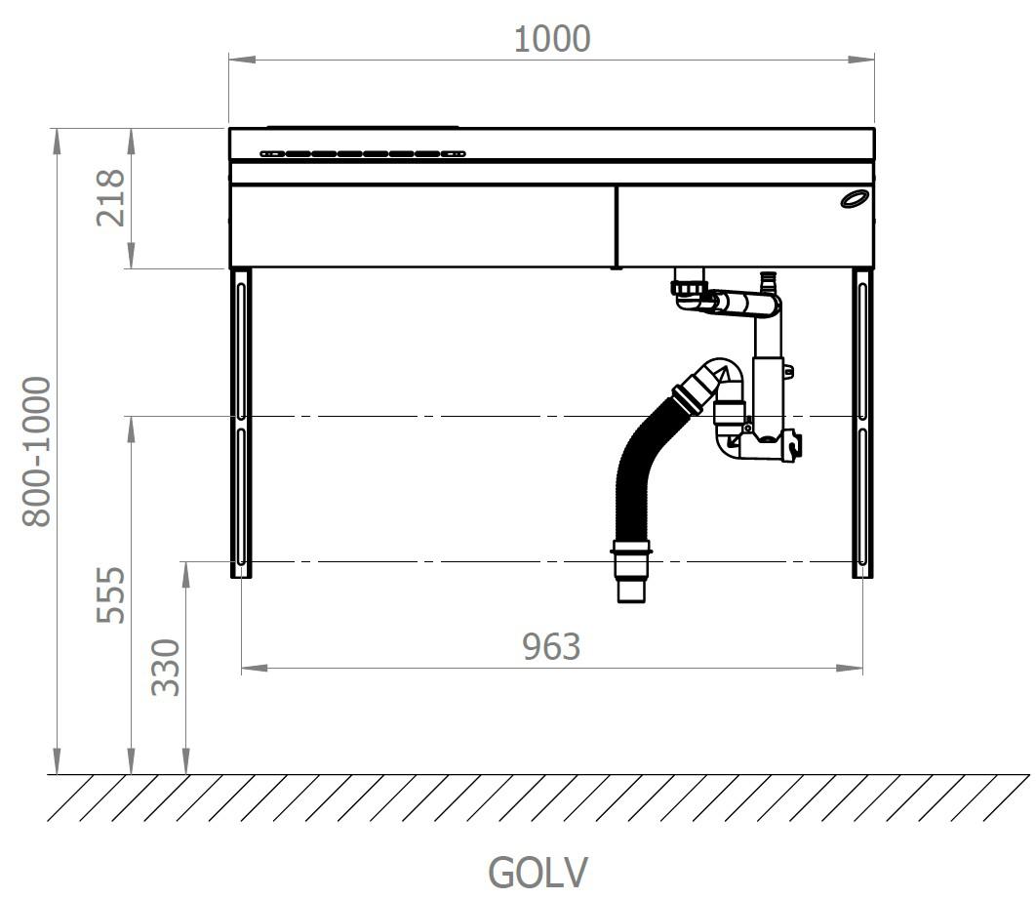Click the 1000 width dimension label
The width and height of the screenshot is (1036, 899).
tap(552, 39)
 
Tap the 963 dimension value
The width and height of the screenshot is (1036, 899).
tap(552, 646)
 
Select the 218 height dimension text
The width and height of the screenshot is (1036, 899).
tap(110, 198)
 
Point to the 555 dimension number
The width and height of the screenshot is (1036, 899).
tap(110, 594)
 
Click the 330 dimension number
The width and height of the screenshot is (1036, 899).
tap(165, 667)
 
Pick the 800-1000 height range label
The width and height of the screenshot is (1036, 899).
tap(36, 452)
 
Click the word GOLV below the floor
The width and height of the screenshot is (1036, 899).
tap(538, 872)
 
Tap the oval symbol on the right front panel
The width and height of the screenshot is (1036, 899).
tap(855, 197)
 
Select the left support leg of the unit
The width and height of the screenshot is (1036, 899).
tap(241, 423)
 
